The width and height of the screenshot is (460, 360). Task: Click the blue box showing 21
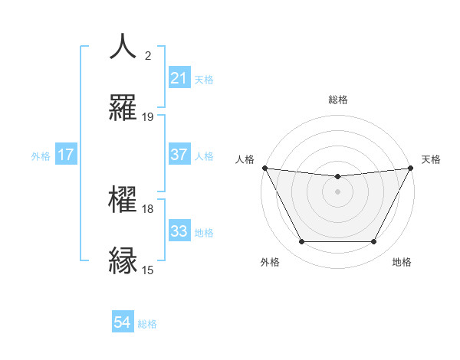point(179,78)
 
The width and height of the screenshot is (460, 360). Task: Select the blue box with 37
point(179,155)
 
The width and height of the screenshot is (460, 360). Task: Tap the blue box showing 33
point(179,231)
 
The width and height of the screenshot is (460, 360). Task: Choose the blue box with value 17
point(66,155)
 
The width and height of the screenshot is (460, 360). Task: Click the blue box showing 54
point(123,322)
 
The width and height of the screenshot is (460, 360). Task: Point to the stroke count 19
point(148,117)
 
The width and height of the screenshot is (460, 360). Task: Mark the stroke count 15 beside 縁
point(148,270)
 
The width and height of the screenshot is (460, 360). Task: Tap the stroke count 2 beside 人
point(148,56)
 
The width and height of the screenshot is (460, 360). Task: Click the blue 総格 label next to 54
point(147,324)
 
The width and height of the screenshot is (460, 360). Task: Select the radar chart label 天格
point(432,159)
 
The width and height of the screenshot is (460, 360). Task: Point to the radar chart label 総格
point(338,100)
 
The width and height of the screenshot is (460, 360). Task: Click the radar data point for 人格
point(265,168)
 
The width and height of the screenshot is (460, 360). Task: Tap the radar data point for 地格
point(374,242)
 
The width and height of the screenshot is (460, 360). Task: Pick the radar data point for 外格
point(301,242)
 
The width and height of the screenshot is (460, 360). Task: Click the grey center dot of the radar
point(338,191)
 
